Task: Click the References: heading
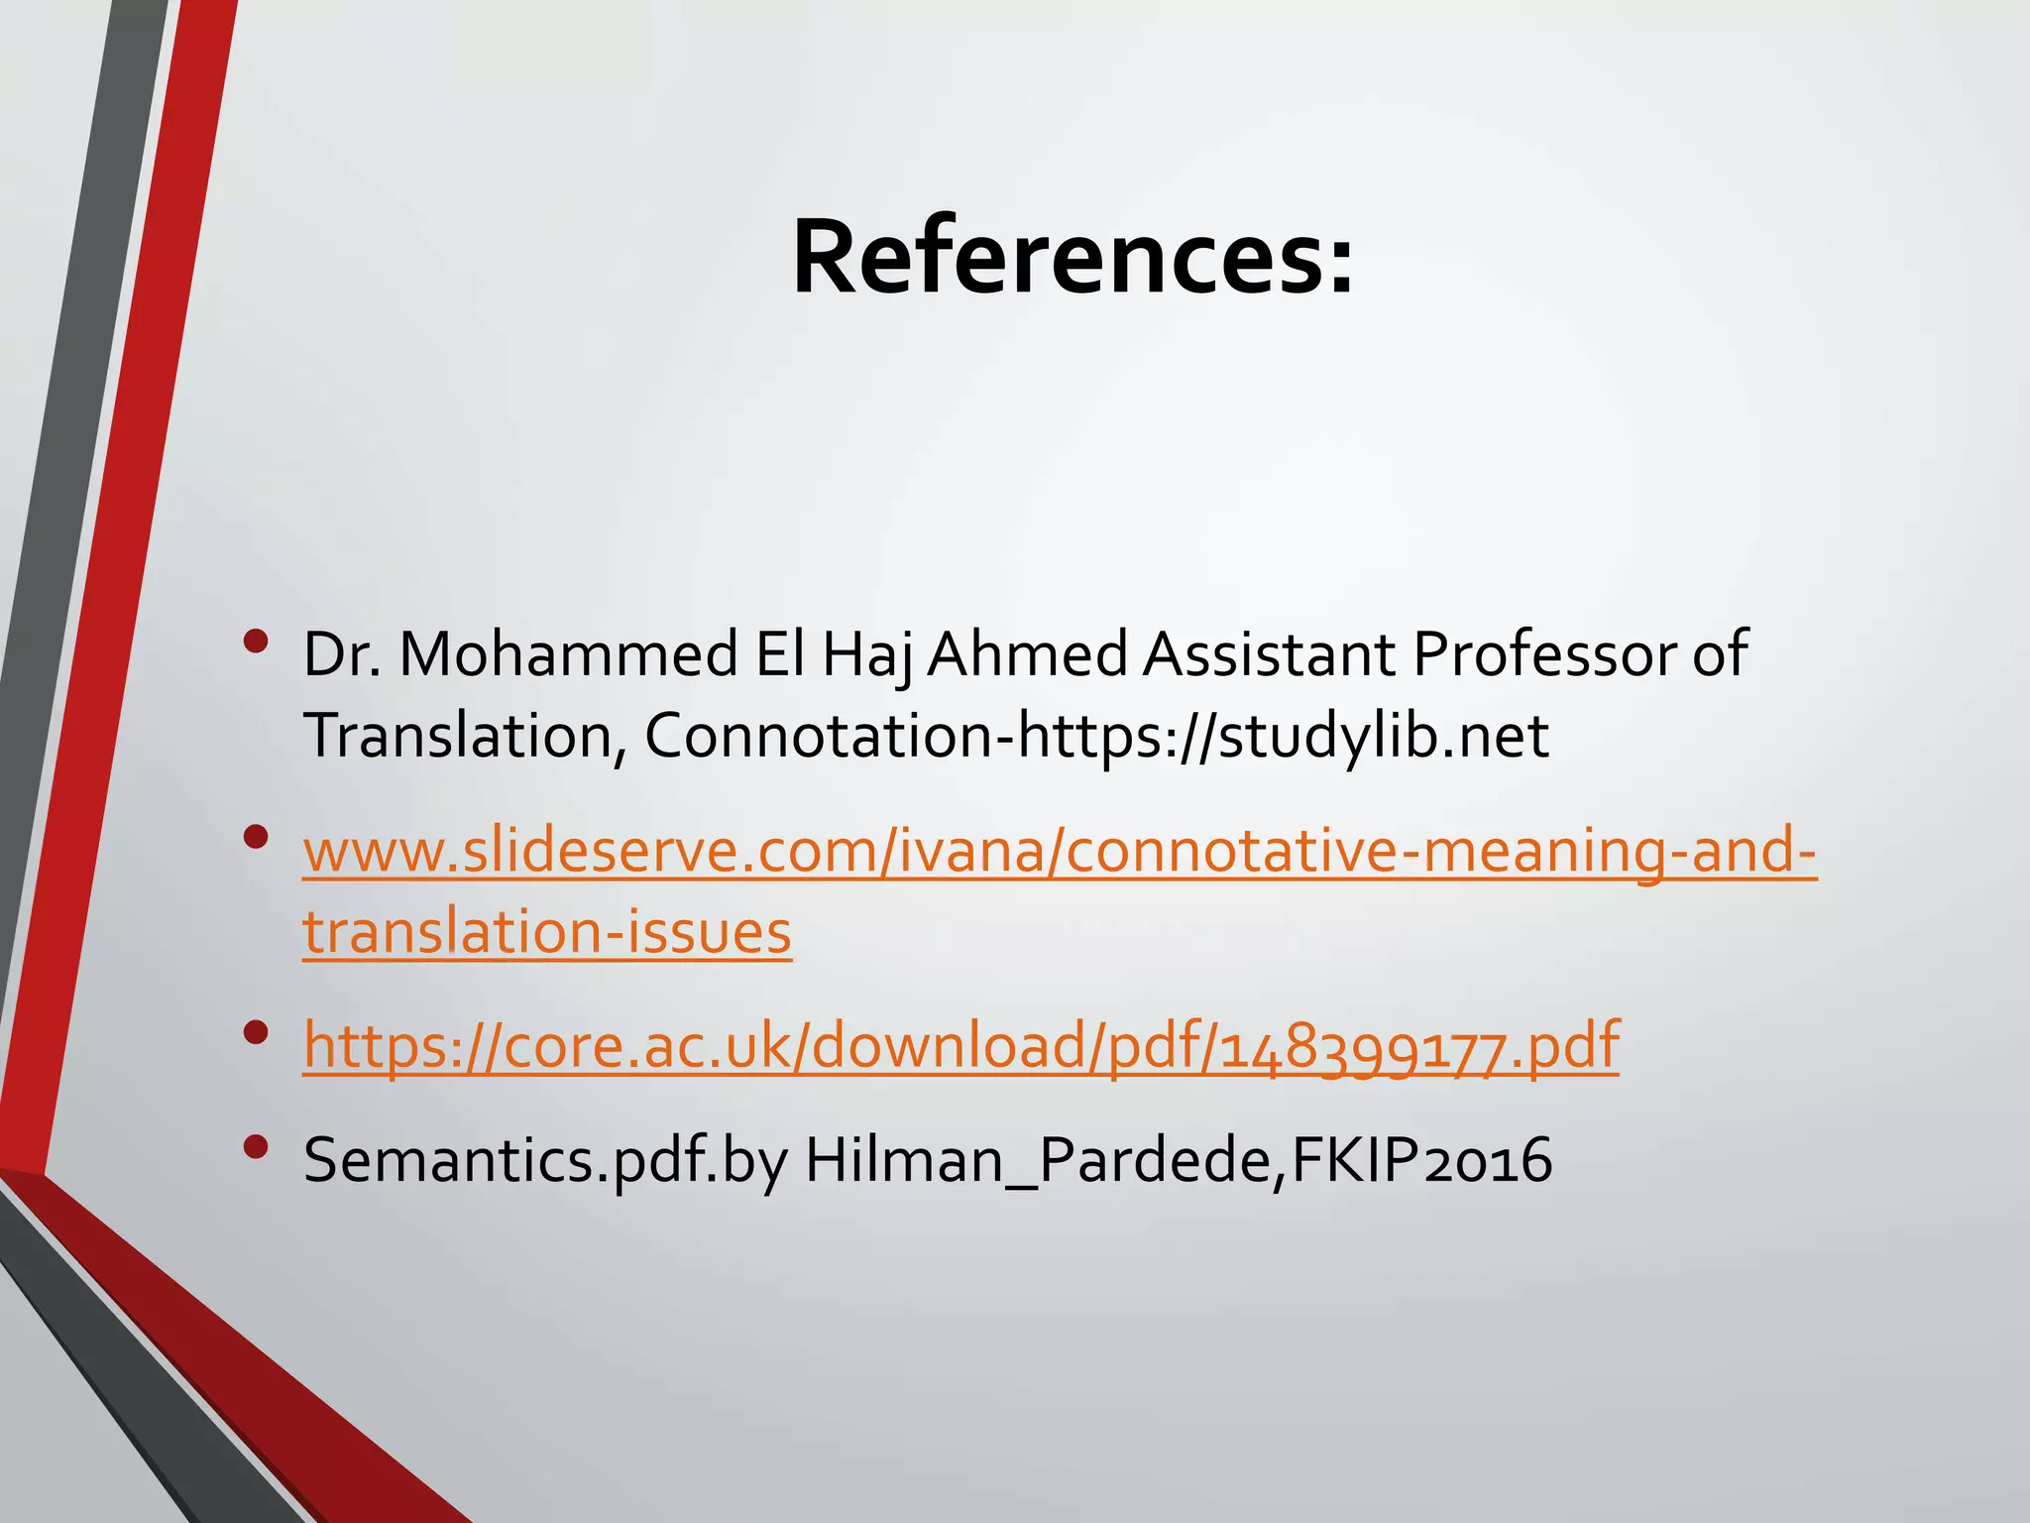click(x=1072, y=258)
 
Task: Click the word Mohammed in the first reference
click(x=568, y=654)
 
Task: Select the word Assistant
click(x=1269, y=654)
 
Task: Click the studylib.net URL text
click(x=1284, y=736)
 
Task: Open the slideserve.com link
click(x=1059, y=851)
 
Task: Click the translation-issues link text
click(x=547, y=932)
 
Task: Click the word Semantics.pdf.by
click(x=545, y=1160)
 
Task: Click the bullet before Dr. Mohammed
click(x=256, y=643)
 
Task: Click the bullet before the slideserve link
click(x=256, y=839)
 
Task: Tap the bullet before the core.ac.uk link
click(x=256, y=1033)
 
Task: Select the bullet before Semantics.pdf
click(x=256, y=1147)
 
